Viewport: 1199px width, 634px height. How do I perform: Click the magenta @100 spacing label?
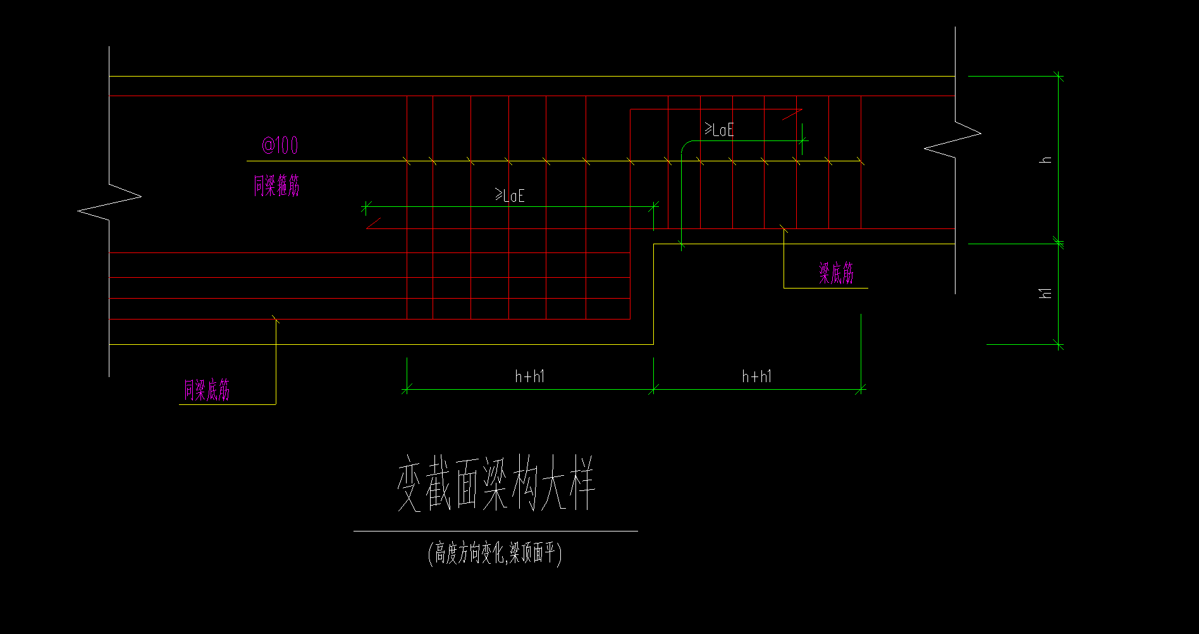(x=280, y=146)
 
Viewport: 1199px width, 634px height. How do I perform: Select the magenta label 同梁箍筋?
(x=276, y=186)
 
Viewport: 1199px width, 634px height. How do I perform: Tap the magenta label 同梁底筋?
(x=207, y=390)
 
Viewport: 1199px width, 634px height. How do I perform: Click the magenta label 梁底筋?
(x=836, y=273)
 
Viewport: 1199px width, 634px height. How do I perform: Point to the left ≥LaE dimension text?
(x=510, y=196)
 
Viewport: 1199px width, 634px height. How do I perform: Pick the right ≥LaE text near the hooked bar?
(x=720, y=130)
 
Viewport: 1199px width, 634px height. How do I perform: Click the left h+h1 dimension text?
(x=529, y=377)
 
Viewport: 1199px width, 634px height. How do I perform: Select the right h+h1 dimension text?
(x=756, y=377)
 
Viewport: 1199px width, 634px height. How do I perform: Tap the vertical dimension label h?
(x=1046, y=160)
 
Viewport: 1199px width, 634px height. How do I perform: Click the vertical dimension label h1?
(x=1046, y=293)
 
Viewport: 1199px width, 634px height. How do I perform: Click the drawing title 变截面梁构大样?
(x=496, y=484)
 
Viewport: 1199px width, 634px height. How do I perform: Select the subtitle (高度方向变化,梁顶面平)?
(x=495, y=554)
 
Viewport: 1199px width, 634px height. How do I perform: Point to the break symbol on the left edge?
(x=109, y=202)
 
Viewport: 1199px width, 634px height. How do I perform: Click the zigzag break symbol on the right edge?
(x=954, y=139)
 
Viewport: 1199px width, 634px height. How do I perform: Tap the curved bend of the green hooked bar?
(x=685, y=146)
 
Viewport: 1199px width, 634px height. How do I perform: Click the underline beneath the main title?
(x=495, y=531)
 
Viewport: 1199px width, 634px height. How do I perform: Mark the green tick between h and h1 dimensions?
(x=1059, y=243)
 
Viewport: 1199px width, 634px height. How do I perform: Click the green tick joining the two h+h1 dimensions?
(x=654, y=389)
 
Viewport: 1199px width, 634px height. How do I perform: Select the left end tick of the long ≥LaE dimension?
(x=366, y=206)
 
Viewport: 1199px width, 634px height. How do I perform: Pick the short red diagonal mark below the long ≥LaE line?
(x=373, y=223)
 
